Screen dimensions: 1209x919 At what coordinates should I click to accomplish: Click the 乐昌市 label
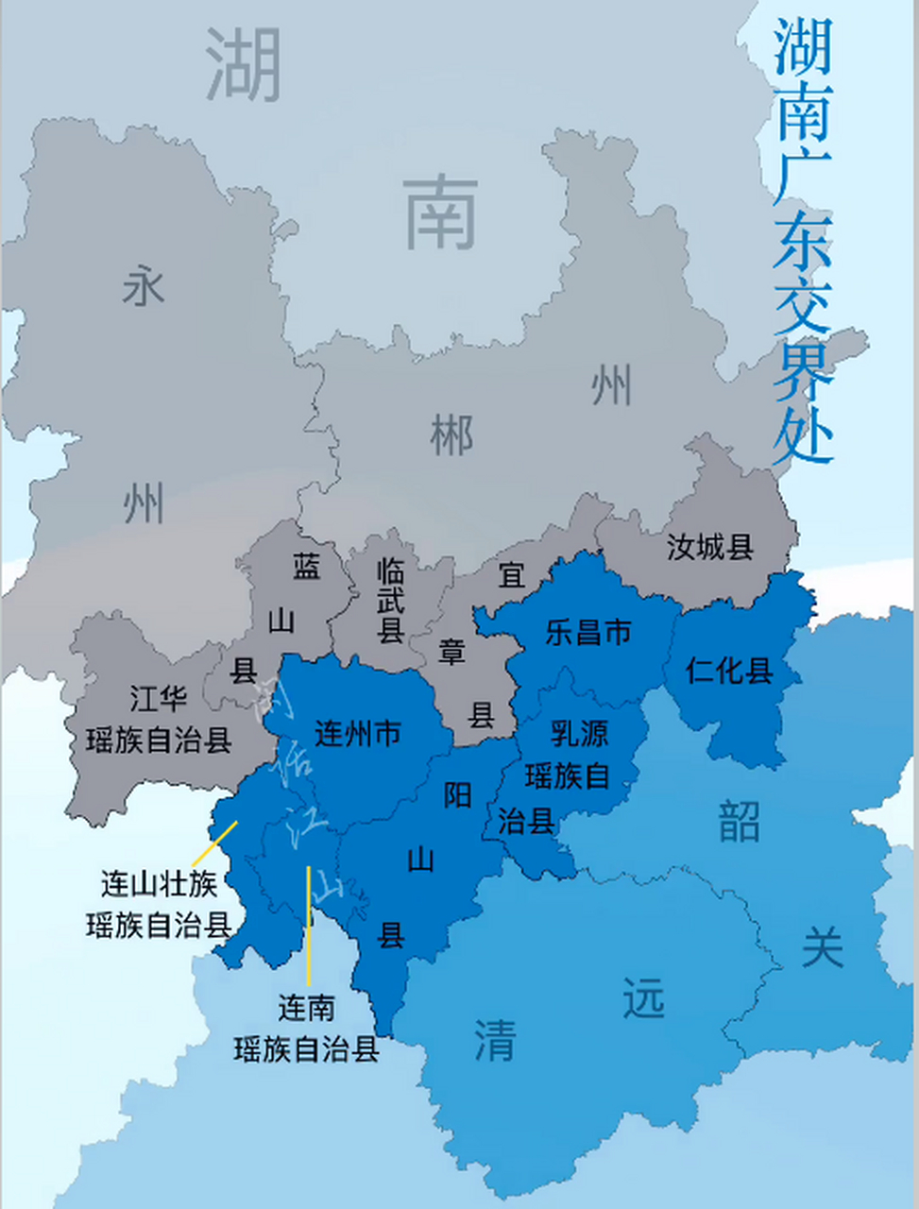click(587, 632)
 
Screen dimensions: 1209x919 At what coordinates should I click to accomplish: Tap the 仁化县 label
click(729, 670)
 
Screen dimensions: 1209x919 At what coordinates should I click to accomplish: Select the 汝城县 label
click(710, 546)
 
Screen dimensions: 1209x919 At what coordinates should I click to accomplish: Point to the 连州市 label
click(358, 733)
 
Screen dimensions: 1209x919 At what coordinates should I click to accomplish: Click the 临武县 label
click(391, 601)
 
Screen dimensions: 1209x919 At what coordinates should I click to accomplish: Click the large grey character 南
click(441, 213)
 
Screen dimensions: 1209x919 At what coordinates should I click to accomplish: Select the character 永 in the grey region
click(144, 285)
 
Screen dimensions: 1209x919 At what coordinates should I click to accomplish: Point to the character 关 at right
click(822, 945)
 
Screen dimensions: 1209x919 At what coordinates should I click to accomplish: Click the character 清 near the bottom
click(495, 1040)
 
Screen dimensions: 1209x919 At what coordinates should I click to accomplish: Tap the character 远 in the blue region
click(644, 998)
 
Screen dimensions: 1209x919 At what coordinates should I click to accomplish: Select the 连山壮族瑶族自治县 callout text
click(159, 904)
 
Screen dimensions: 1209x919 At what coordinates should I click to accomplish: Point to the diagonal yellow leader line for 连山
click(214, 843)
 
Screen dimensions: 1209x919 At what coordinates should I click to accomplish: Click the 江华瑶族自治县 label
click(159, 719)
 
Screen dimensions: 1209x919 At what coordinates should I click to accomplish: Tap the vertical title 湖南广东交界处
click(803, 241)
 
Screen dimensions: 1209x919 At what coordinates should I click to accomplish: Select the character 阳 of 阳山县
click(458, 795)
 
